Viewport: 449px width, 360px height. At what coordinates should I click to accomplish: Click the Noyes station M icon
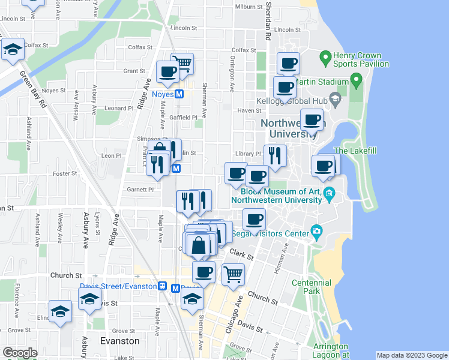point(179,94)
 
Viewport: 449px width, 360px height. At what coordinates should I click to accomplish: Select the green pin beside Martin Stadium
point(355,79)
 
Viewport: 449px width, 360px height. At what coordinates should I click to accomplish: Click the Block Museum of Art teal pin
point(329,193)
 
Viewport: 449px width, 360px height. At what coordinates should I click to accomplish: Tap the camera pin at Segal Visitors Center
point(316,232)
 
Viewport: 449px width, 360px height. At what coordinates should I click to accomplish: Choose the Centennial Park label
point(311,286)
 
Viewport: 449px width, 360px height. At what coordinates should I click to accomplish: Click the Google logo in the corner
point(20,353)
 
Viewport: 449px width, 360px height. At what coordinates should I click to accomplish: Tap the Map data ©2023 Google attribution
point(412,355)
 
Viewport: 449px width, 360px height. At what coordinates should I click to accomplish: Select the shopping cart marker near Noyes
point(182,63)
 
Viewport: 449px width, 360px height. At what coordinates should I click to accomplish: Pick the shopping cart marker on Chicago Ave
point(233,275)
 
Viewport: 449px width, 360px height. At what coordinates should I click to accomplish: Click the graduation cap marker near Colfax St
point(12,51)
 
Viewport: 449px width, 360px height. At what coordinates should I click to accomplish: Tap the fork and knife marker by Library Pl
point(275,156)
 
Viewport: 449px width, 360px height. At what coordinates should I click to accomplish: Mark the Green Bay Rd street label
point(34,90)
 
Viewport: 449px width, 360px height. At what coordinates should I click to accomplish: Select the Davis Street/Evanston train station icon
point(162,287)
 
